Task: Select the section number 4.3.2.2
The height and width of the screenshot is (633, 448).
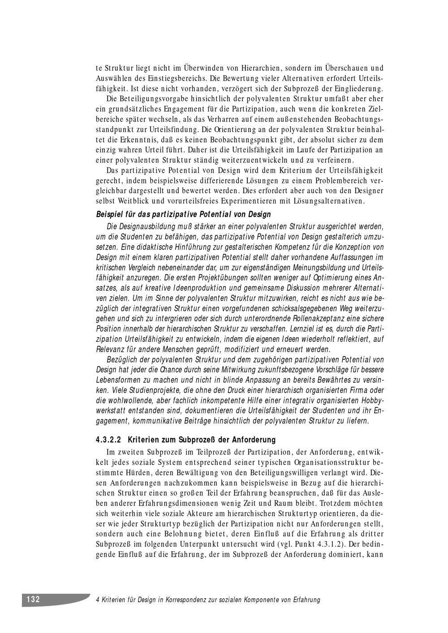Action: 109,439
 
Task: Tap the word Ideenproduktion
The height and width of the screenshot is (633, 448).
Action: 198,287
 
